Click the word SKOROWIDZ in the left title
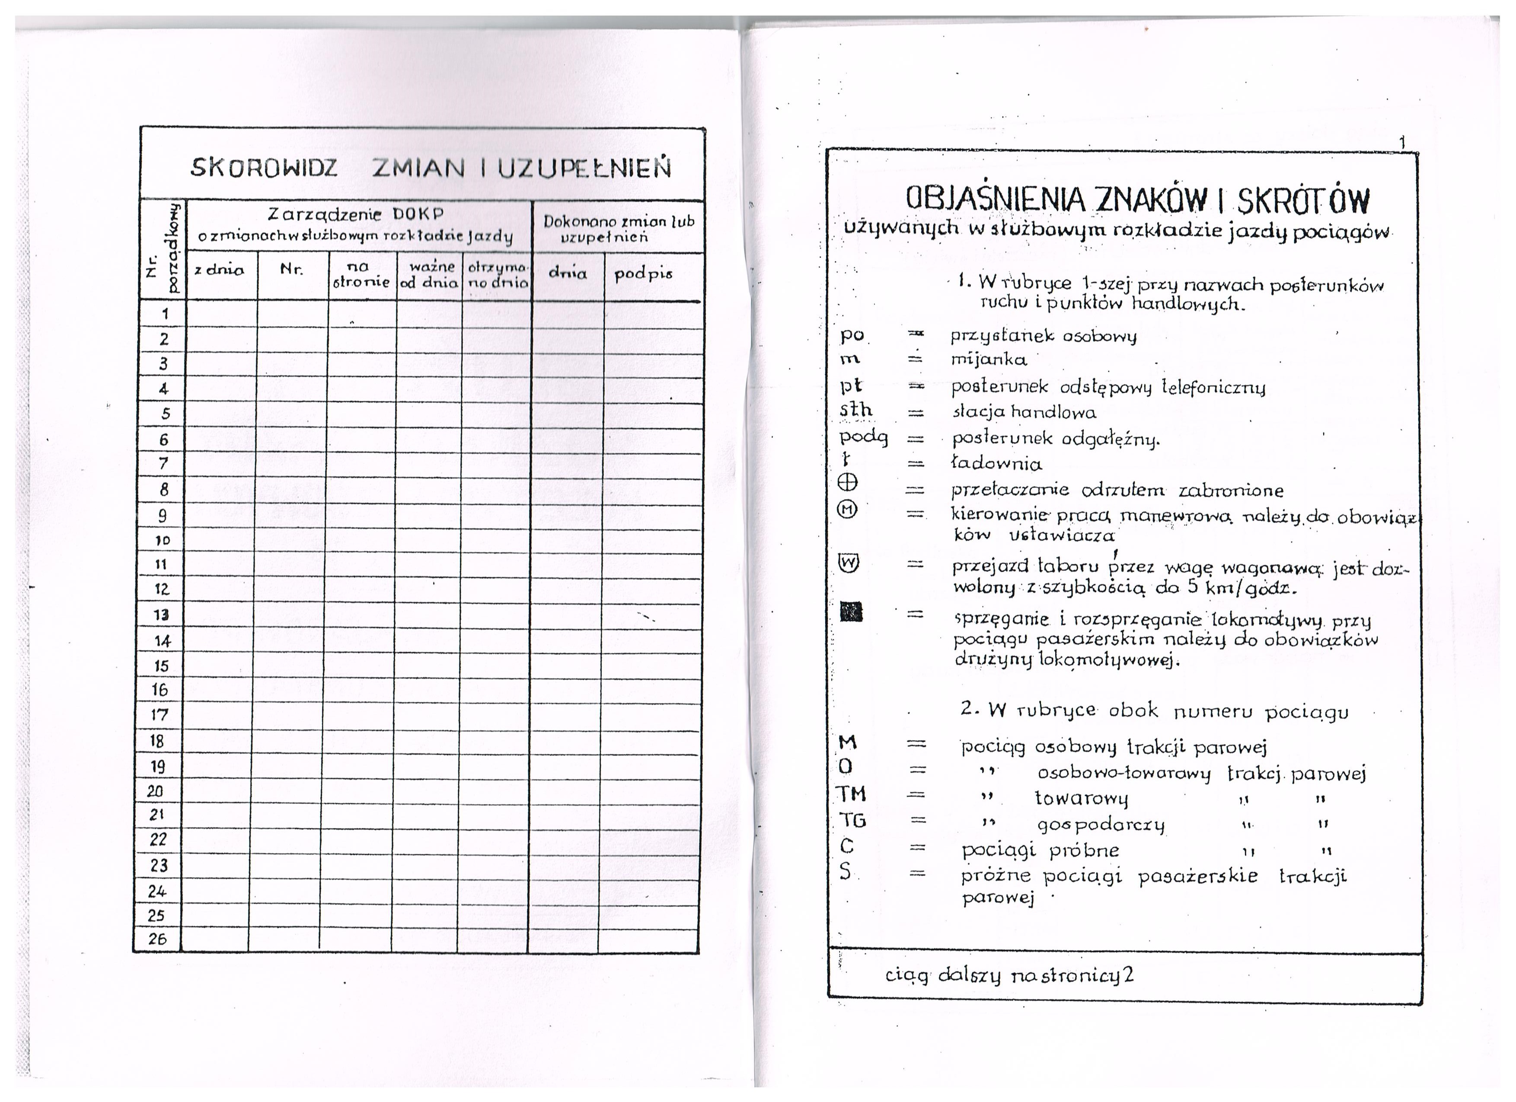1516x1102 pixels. [x=264, y=167]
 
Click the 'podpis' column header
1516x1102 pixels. [x=644, y=274]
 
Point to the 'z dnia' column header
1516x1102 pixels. [x=219, y=271]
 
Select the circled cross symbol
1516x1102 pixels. [x=848, y=482]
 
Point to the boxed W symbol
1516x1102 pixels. [x=848, y=564]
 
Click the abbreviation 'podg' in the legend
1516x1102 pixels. [x=864, y=438]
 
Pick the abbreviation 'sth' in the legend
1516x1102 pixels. [x=856, y=410]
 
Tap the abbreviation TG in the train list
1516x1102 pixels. [x=852, y=819]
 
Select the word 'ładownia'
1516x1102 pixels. [x=996, y=463]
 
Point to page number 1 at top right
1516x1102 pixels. [x=1402, y=142]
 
